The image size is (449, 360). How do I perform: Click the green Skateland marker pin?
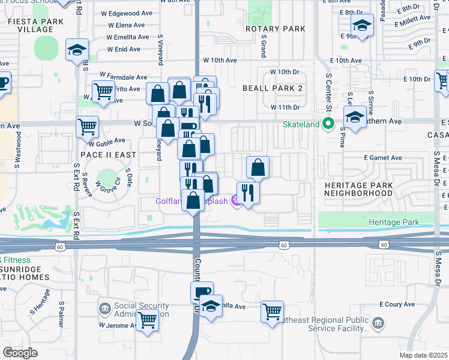click(328, 124)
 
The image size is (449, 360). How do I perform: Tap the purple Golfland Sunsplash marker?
click(235, 201)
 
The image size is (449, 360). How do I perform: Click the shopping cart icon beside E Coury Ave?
click(272, 311)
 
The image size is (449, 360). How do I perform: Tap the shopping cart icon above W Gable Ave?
click(87, 127)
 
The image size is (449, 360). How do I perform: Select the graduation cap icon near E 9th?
click(362, 25)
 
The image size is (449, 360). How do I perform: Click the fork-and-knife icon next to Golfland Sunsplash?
click(248, 193)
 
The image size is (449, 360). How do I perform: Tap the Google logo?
click(20, 353)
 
